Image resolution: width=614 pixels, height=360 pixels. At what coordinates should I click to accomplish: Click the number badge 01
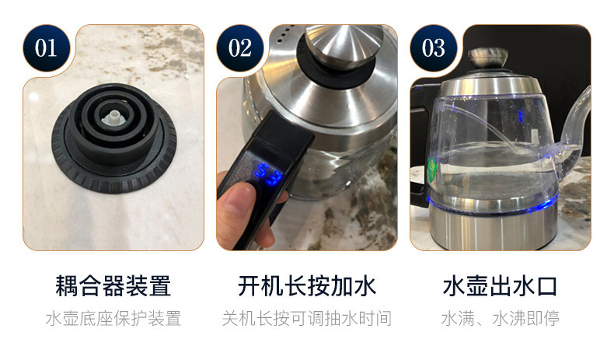[x=46, y=48]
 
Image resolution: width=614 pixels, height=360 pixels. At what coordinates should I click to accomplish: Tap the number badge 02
[x=239, y=48]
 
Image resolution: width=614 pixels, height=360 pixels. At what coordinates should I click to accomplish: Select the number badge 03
[x=433, y=48]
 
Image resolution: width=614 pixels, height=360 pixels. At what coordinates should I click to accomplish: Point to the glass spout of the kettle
[x=573, y=129]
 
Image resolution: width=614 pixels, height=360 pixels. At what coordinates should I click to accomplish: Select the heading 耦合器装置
[x=113, y=286]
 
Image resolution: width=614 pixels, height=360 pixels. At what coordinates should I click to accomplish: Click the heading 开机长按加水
[x=306, y=286]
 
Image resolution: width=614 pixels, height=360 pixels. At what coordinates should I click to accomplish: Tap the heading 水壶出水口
[x=500, y=286]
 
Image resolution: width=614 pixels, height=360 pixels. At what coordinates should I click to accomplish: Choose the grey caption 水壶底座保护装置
[x=113, y=319]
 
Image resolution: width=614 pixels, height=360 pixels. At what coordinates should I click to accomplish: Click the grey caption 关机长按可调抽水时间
[x=306, y=319]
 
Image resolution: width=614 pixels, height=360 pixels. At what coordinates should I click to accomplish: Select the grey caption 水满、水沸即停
[x=500, y=319]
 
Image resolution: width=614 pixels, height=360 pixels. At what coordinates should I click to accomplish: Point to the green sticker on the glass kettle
[x=432, y=169]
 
